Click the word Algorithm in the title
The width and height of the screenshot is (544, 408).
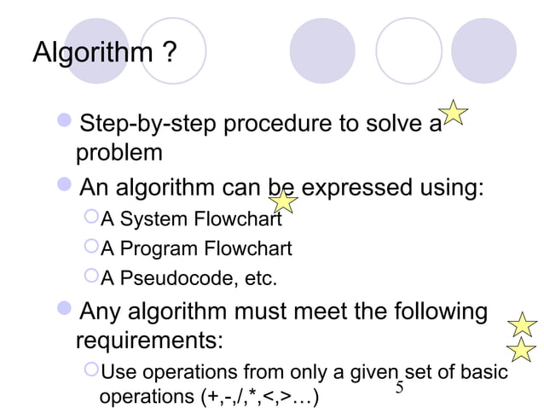[x=90, y=54]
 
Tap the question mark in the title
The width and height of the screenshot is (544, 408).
[x=168, y=54]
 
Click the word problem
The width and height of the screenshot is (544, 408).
[x=119, y=154]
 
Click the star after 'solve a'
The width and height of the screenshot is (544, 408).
[x=454, y=114]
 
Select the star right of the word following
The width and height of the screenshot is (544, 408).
[x=521, y=323]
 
